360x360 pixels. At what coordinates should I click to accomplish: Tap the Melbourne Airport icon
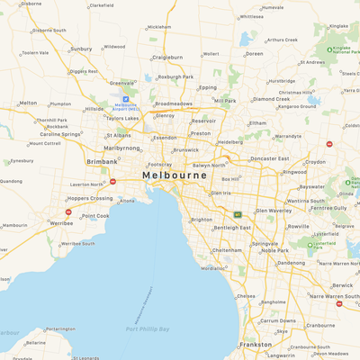tap(126, 100)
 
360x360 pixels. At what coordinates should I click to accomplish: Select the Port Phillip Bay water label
tap(146, 329)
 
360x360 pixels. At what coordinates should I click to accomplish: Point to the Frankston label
tap(256, 344)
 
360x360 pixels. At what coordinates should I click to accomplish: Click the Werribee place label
tap(61, 221)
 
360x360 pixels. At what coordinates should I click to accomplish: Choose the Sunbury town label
tap(81, 49)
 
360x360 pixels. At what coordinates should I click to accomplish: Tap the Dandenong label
tap(291, 263)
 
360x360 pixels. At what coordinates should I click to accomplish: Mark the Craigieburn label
tap(167, 57)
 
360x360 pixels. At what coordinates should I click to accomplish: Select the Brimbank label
tap(102, 161)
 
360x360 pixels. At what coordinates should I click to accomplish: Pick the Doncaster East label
tap(268, 158)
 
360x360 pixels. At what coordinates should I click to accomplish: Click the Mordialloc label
tap(213, 268)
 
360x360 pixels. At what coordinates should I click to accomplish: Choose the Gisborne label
tap(31, 4)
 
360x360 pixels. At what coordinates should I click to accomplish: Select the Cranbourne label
tap(320, 325)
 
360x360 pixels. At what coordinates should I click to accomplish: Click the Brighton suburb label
tap(202, 220)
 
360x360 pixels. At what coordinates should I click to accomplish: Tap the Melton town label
tap(28, 103)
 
